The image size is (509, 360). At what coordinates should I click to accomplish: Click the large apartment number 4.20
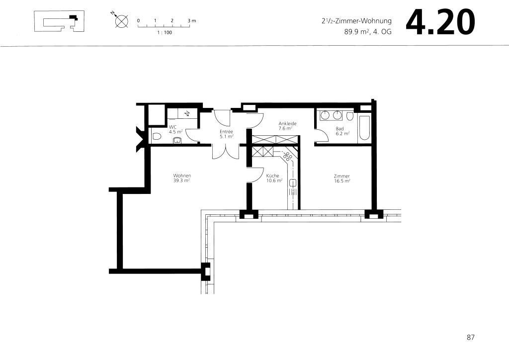(x=440, y=22)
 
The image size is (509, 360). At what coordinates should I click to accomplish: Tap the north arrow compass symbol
(x=121, y=21)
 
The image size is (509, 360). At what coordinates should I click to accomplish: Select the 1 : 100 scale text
(x=165, y=32)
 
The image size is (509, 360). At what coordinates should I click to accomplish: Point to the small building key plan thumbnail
(x=60, y=21)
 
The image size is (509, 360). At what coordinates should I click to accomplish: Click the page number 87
(x=470, y=337)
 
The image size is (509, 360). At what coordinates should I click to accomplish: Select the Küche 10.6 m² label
(x=274, y=178)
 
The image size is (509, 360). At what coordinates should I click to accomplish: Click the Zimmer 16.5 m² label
(x=342, y=179)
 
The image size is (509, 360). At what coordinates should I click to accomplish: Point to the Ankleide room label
(x=288, y=123)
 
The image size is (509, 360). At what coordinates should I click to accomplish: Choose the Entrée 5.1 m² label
(x=227, y=134)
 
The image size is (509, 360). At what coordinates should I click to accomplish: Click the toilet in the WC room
(x=157, y=136)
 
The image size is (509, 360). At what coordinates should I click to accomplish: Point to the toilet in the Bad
(x=349, y=116)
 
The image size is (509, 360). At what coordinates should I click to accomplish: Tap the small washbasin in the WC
(x=177, y=140)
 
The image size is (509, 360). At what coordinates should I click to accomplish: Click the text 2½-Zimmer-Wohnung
(x=356, y=21)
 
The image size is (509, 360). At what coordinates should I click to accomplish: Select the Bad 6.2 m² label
(x=342, y=131)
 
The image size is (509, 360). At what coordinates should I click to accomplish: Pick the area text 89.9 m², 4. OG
(x=368, y=32)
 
